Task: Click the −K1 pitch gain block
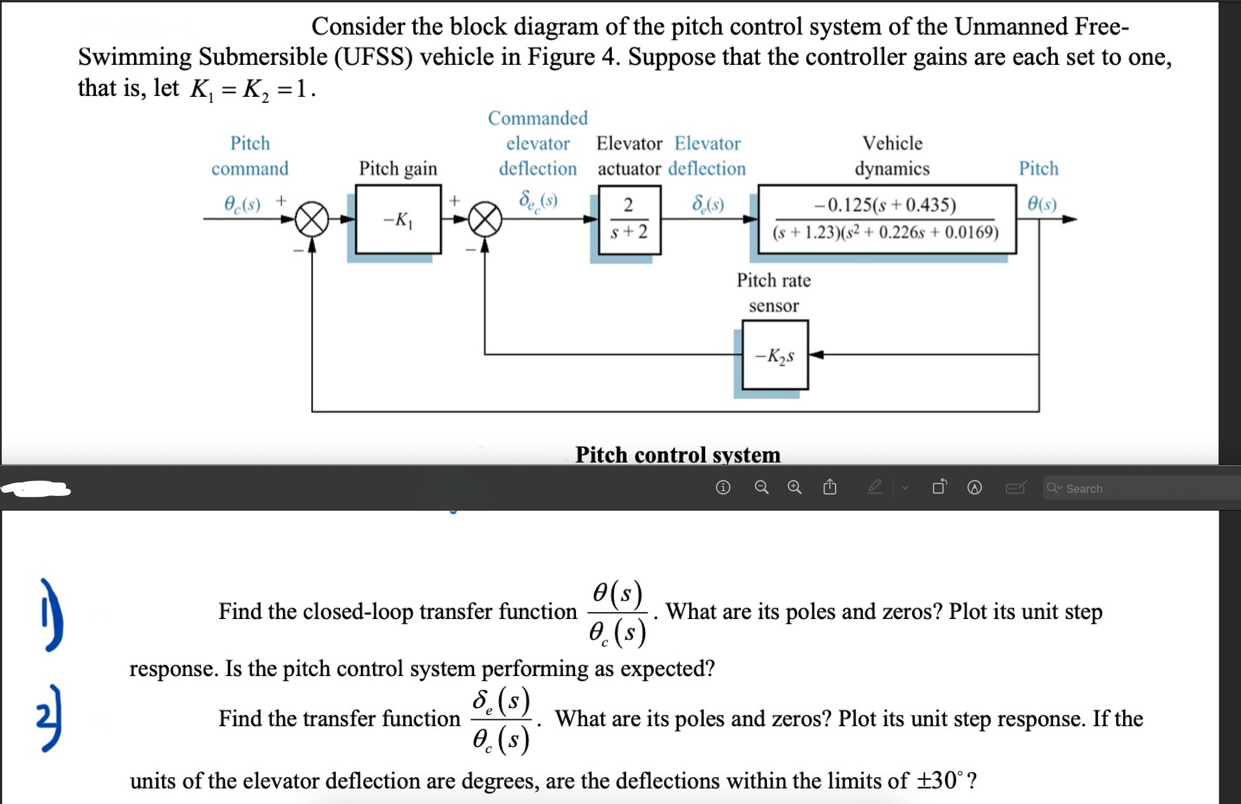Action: (398, 220)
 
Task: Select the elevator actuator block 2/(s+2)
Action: (630, 220)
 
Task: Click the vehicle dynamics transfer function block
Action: (886, 219)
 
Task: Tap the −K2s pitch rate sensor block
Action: (775, 355)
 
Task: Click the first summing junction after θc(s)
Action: (312, 220)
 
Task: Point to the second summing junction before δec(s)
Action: (485, 220)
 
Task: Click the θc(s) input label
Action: (242, 204)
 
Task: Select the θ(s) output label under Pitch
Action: (1042, 204)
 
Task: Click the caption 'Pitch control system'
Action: (678, 454)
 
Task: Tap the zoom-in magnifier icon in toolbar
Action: (794, 487)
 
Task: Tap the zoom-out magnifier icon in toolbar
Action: (761, 487)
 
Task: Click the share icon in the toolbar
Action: (830, 487)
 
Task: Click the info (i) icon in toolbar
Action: (723, 487)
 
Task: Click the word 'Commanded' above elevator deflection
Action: (538, 118)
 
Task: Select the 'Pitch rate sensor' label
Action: (773, 293)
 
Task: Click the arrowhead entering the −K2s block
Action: (817, 355)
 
